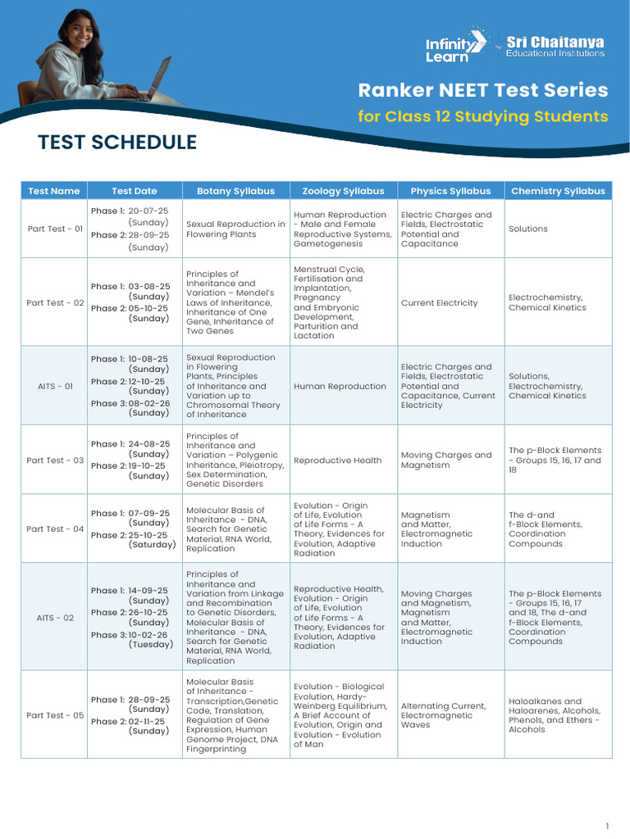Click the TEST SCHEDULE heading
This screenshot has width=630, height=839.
click(117, 143)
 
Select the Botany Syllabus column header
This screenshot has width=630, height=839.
click(235, 191)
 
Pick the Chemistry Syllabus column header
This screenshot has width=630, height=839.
click(558, 191)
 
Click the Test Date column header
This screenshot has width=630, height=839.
click(134, 191)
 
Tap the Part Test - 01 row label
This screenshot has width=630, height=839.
click(55, 229)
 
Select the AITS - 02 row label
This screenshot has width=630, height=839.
click(55, 617)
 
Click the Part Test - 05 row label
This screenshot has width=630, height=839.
click(55, 715)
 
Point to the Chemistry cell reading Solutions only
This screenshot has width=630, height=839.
click(527, 229)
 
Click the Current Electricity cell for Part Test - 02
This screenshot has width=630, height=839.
click(439, 303)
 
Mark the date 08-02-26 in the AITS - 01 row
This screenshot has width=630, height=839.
click(148, 402)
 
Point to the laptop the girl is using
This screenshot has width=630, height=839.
click(156, 78)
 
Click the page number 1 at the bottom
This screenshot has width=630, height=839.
click(607, 826)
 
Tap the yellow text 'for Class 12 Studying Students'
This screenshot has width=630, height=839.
click(482, 116)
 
